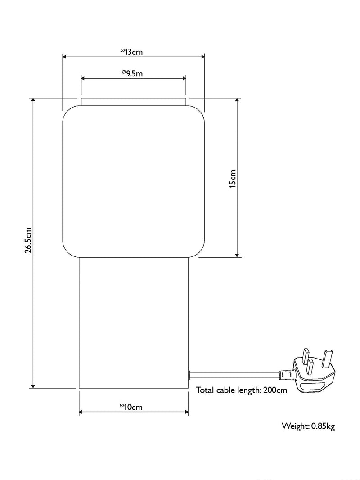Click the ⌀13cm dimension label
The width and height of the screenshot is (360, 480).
click(x=132, y=52)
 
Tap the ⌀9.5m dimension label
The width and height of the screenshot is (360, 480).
click(x=132, y=73)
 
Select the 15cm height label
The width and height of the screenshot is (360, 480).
click(x=233, y=179)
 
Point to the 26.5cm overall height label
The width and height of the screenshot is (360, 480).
click(x=28, y=240)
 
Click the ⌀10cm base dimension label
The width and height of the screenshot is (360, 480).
click(x=131, y=407)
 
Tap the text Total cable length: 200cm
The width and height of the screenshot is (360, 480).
click(x=242, y=390)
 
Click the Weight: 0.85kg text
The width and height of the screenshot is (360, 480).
click(x=308, y=426)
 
